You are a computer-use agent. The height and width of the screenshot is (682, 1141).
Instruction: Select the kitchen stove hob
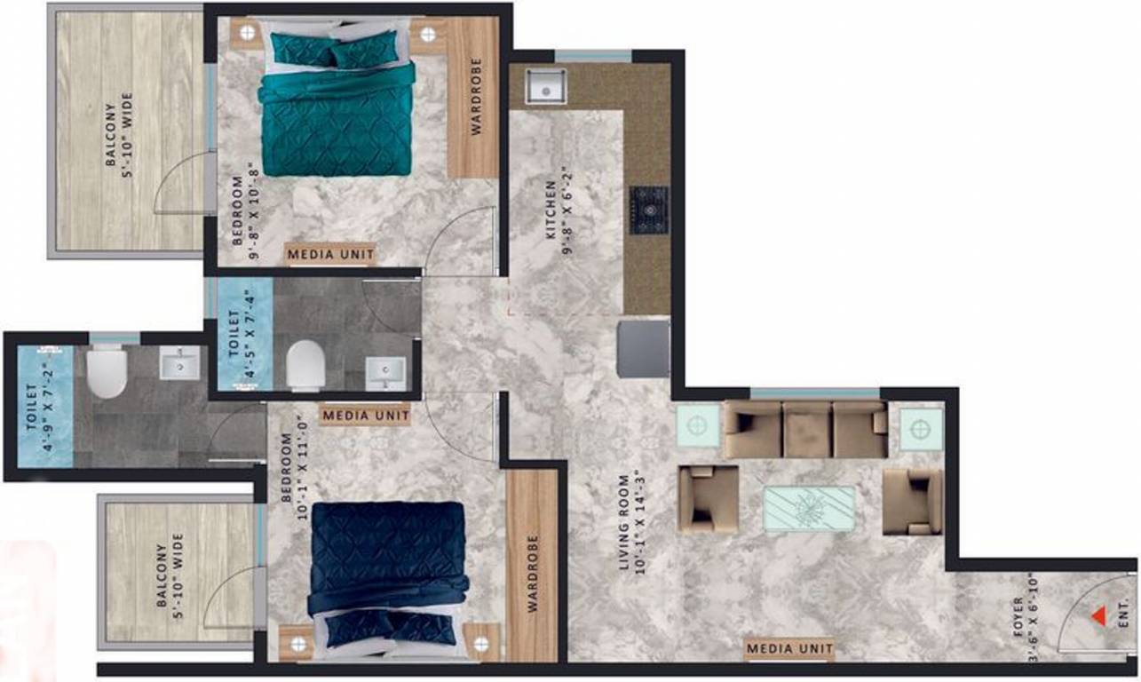click(x=649, y=210)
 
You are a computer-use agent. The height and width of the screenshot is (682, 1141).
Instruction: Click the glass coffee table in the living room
click(x=809, y=509)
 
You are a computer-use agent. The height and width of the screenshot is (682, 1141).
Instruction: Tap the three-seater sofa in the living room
click(x=805, y=429)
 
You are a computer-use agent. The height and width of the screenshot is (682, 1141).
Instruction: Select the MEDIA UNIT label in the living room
click(x=789, y=649)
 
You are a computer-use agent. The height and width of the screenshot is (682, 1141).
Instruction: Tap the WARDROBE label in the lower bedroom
click(x=532, y=574)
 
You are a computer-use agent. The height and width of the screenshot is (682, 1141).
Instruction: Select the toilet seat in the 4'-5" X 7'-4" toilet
click(x=305, y=365)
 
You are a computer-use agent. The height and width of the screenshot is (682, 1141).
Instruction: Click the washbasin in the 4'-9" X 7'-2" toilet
click(x=179, y=362)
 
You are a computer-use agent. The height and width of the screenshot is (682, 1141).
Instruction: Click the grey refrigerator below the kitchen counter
click(x=644, y=349)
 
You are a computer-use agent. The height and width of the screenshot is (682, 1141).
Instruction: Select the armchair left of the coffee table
click(x=708, y=498)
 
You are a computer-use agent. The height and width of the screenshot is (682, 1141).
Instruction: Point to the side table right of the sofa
click(x=922, y=429)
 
